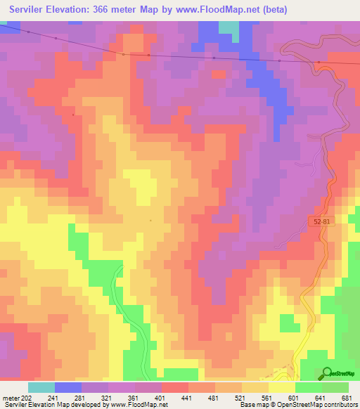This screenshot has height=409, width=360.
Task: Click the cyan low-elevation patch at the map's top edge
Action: point(229,26)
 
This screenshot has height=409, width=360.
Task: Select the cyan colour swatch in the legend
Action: point(41,387)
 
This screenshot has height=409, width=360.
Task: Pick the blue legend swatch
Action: point(67,387)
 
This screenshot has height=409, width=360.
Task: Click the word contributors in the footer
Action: point(340,405)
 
